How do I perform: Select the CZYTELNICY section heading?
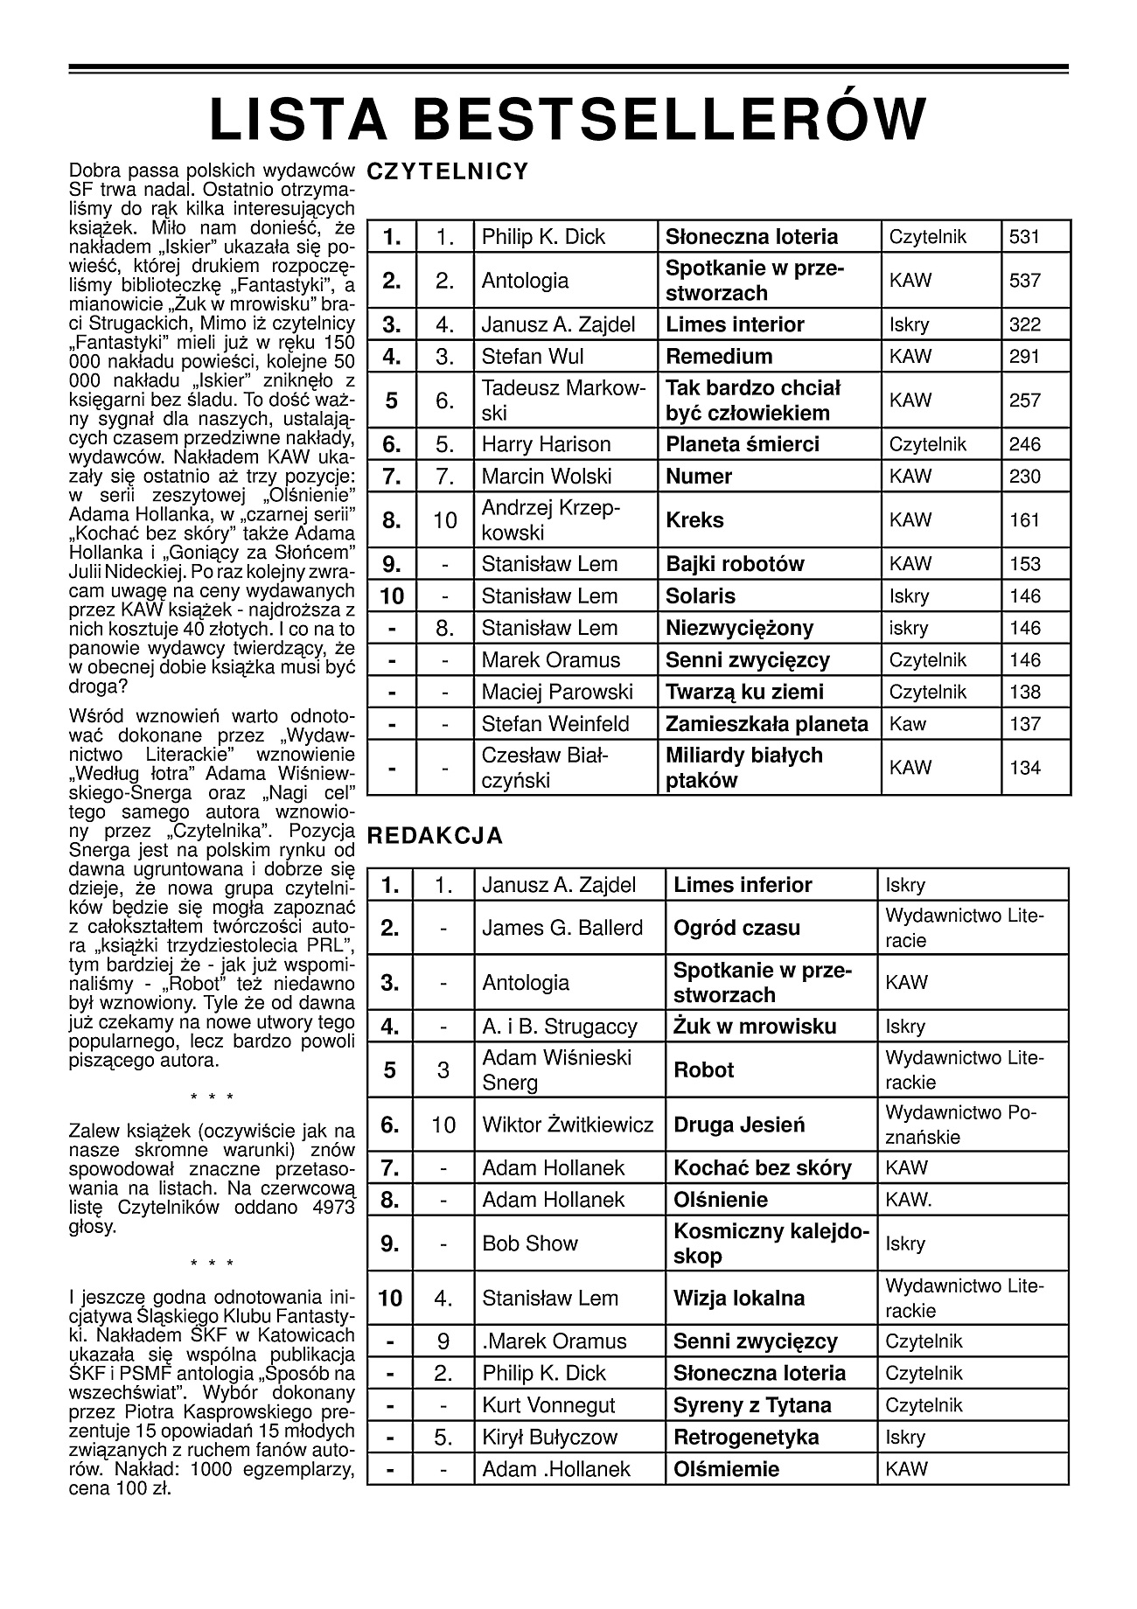(x=448, y=171)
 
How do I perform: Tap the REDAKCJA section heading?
(x=435, y=836)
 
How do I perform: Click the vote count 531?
(x=1025, y=237)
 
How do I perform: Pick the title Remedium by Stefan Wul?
(x=719, y=357)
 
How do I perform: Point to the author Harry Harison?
(x=546, y=444)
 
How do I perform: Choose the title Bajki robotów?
(x=735, y=564)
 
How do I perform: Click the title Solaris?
(x=701, y=596)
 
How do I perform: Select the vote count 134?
(x=1025, y=768)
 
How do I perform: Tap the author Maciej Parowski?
(x=557, y=692)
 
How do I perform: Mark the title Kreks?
(x=694, y=520)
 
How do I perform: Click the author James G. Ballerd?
(x=562, y=928)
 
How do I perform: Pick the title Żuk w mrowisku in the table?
(x=755, y=1027)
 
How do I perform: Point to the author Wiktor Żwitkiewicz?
(x=568, y=1125)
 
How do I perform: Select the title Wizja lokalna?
(x=739, y=1298)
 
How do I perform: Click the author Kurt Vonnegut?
(x=548, y=1405)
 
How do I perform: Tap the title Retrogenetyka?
(x=746, y=1437)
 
